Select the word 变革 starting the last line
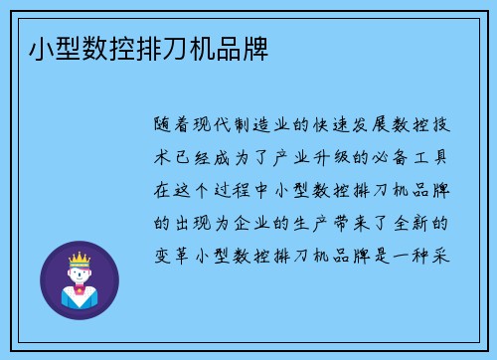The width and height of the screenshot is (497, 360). pyautogui.click(x=174, y=253)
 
